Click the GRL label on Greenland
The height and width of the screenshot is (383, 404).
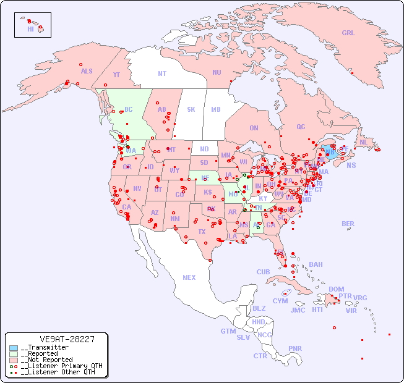348,33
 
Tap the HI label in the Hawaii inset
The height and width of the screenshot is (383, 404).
30,28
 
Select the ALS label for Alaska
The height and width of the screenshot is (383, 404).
87,71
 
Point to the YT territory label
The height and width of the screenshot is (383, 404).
116,75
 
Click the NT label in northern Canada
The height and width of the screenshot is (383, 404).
162,74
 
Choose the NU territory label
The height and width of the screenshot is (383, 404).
217,72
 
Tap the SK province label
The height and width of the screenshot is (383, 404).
191,109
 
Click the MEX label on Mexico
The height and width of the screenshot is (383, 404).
189,277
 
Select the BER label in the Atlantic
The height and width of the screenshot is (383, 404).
348,224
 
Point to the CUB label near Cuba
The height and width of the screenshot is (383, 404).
264,272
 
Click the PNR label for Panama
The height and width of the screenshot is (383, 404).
295,348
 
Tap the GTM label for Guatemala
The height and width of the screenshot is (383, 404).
228,331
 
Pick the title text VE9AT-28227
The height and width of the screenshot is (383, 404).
67,339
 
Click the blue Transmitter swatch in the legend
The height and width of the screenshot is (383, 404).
14,348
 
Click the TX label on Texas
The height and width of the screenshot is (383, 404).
202,232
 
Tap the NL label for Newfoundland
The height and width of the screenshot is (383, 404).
364,141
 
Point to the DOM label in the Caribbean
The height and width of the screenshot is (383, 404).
337,289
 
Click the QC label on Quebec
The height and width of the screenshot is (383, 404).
301,127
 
